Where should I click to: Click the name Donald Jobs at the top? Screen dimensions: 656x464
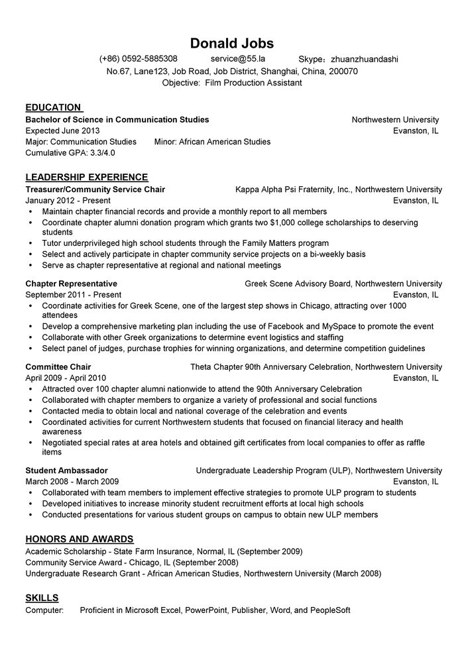coord(231,43)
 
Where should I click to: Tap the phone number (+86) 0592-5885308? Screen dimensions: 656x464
coord(138,59)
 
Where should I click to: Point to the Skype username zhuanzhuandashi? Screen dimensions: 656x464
coord(364,59)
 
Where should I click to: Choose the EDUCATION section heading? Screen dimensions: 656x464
coord(53,107)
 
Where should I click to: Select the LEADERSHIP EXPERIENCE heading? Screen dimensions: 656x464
coord(86,177)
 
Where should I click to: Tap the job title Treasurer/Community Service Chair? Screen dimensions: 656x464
coord(95,190)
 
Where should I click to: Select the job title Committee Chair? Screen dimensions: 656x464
coord(58,366)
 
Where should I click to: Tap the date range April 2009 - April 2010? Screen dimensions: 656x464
coord(65,378)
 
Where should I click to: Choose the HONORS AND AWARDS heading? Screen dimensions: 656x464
coord(80,539)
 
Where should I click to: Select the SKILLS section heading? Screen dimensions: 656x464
coord(42,597)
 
